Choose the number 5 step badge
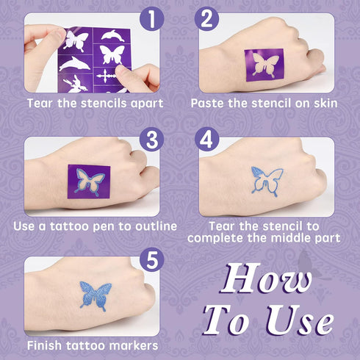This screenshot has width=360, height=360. [151, 259]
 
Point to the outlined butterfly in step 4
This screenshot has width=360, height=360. [267, 183]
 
